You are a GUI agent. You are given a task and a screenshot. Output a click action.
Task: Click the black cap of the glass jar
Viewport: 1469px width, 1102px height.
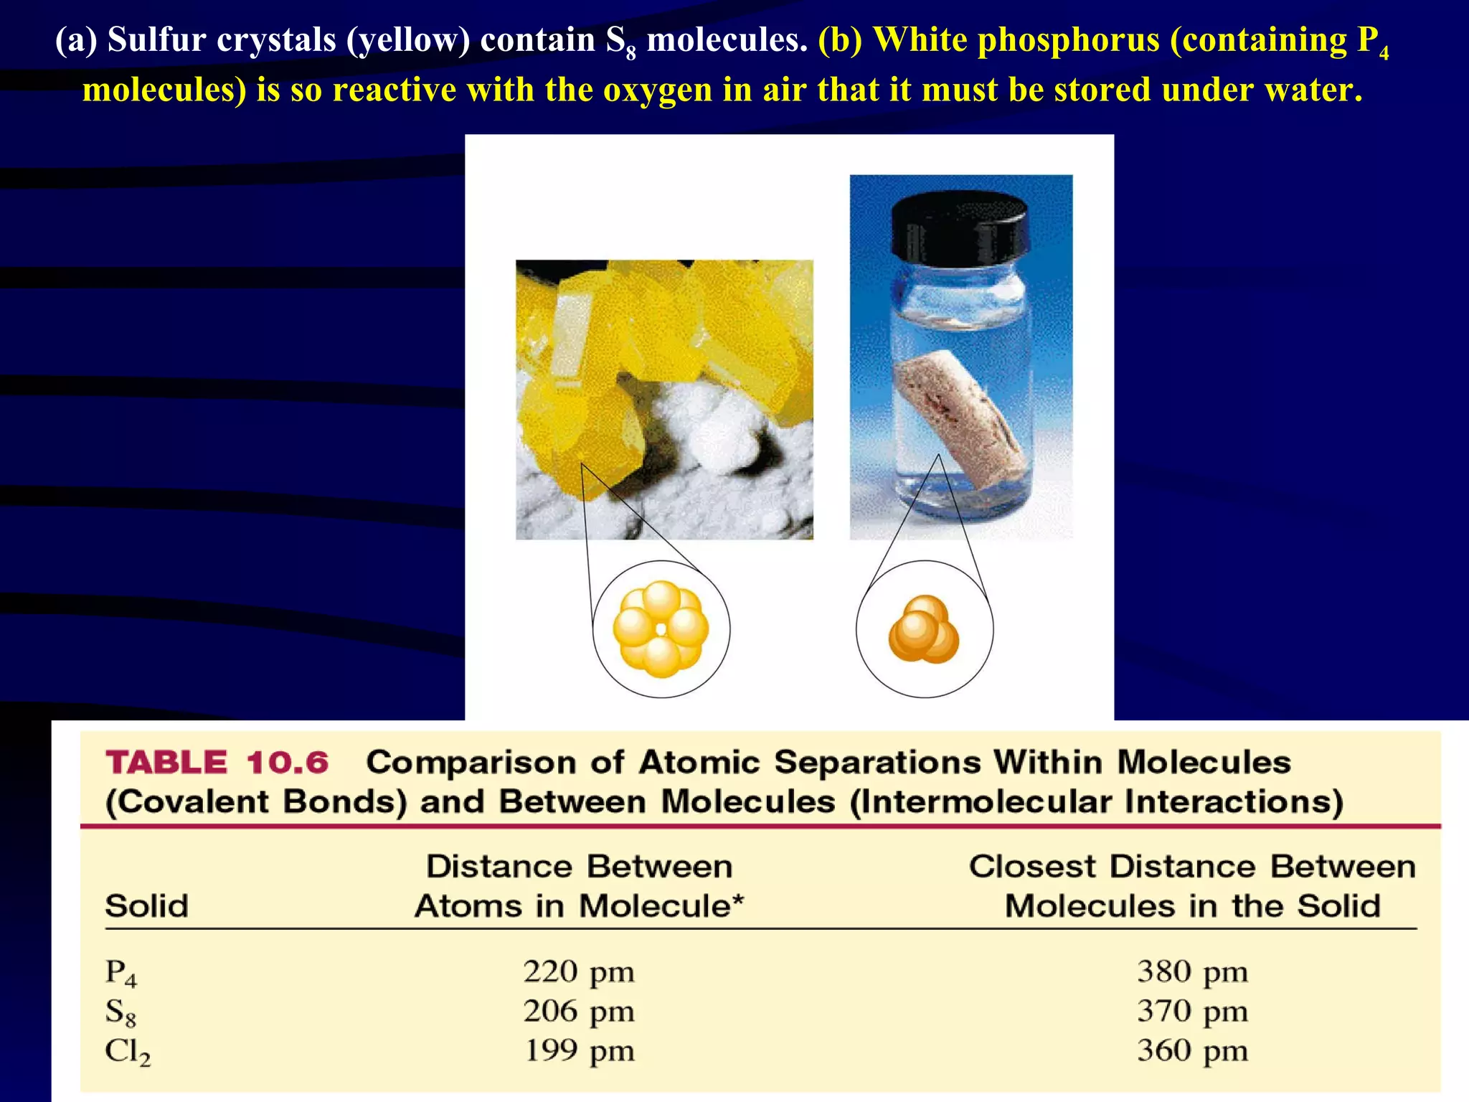(x=960, y=225)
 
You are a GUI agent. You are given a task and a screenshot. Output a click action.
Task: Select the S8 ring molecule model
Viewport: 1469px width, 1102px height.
(x=661, y=629)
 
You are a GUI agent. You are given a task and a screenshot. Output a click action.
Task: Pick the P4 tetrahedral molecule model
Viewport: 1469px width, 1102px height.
(x=924, y=629)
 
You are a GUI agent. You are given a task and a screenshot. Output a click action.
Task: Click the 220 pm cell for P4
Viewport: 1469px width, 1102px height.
(x=578, y=972)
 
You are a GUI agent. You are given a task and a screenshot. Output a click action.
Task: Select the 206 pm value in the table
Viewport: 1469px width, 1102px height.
(x=578, y=1012)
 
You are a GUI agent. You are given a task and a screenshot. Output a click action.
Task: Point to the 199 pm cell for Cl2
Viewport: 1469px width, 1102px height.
(x=578, y=1051)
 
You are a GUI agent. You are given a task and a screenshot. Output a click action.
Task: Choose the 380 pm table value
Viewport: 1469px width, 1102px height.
(x=1192, y=972)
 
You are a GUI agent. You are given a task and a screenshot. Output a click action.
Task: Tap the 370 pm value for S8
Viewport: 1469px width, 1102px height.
(x=1192, y=1012)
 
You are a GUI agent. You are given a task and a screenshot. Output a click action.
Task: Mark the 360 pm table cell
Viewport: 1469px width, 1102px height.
(x=1192, y=1051)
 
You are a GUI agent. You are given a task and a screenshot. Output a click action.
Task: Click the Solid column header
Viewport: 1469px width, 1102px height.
(x=147, y=906)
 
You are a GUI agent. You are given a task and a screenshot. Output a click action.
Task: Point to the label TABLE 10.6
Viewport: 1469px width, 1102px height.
(x=217, y=763)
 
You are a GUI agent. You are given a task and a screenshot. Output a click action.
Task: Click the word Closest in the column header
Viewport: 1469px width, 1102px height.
(x=1032, y=867)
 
